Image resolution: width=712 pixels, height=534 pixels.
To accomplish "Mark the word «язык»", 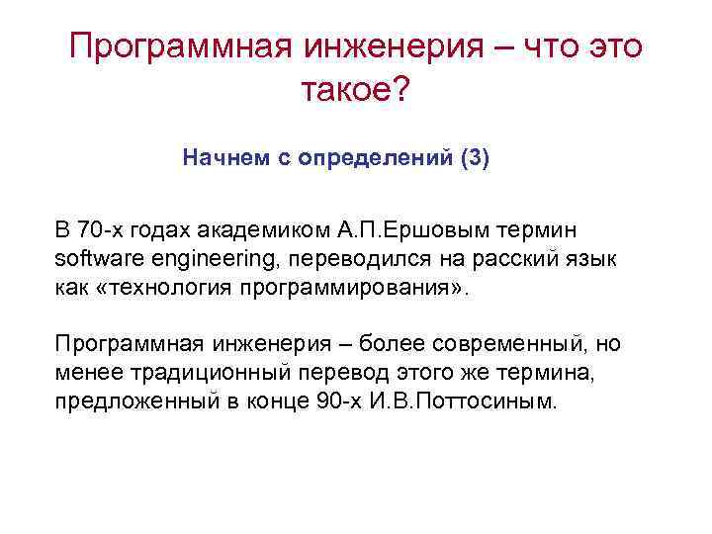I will coord(592,258).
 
